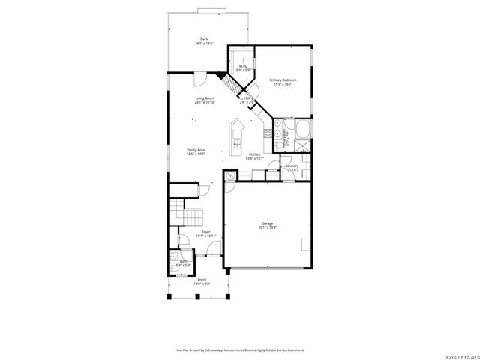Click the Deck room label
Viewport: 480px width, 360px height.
tap(204, 40)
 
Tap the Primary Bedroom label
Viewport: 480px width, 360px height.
tap(283, 79)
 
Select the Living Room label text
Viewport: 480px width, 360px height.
tap(205, 98)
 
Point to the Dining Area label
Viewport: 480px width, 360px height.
tap(196, 150)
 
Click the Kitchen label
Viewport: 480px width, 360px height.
tap(255, 154)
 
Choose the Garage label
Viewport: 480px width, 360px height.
tap(267, 223)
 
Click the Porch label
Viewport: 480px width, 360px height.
tap(202, 280)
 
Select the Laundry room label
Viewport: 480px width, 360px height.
tap(292, 166)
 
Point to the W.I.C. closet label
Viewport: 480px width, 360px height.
tap(243, 66)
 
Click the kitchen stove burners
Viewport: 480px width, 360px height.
tap(268, 133)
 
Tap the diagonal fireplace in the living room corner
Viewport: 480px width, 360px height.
tap(223, 76)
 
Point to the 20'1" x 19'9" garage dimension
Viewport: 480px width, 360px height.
tap(267, 228)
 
